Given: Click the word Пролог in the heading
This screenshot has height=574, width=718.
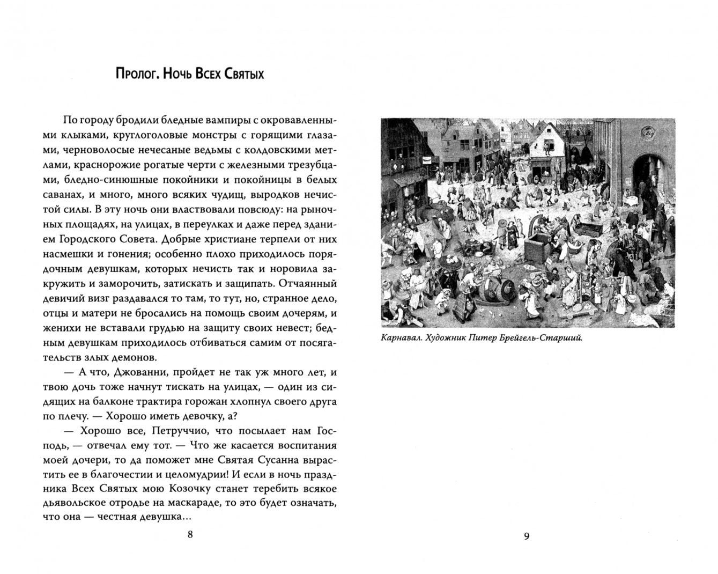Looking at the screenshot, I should coord(137,74).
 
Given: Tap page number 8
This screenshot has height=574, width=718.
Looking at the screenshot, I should coord(190,535).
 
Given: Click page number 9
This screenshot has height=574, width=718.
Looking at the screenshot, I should coord(526,536).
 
